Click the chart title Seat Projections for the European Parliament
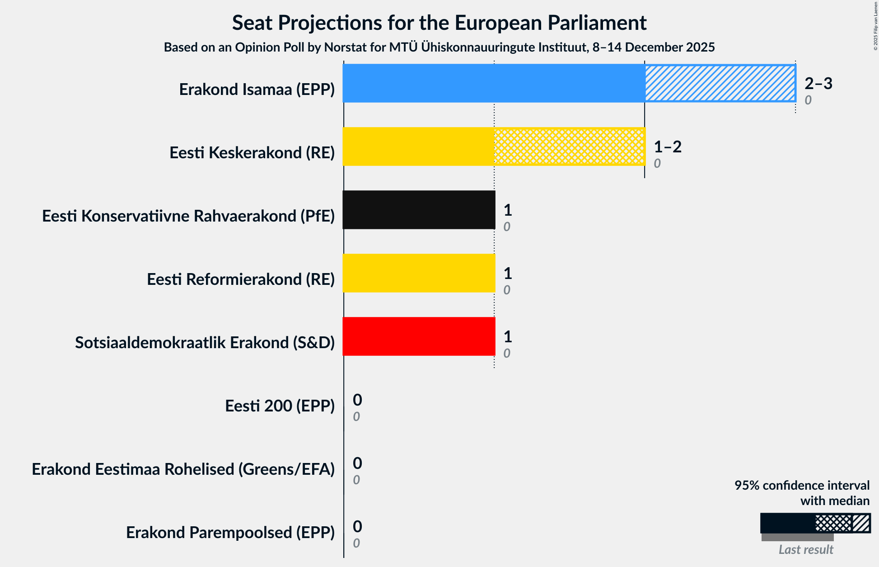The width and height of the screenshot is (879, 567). (x=439, y=23)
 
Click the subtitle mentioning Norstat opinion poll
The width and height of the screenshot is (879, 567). (x=439, y=47)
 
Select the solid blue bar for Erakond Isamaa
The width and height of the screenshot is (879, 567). (x=493, y=83)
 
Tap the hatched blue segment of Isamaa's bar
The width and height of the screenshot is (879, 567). (x=720, y=83)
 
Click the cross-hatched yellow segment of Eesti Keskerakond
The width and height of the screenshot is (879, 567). (x=569, y=146)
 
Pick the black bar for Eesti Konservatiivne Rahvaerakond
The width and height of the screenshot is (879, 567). (x=419, y=210)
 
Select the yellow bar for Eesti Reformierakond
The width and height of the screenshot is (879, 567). (x=419, y=273)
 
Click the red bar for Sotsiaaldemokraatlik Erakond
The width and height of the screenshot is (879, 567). (x=419, y=336)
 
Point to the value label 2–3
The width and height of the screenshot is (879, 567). (x=818, y=83)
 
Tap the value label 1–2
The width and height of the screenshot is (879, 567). (x=668, y=146)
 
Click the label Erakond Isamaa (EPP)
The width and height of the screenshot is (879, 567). (x=257, y=90)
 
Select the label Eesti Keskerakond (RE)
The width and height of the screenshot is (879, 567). (x=252, y=153)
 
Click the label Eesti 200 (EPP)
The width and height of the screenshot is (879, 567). (x=280, y=406)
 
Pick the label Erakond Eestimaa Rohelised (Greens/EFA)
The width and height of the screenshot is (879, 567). (x=183, y=469)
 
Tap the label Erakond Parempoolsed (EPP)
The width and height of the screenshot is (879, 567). (x=230, y=533)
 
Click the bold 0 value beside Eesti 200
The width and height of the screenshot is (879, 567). (x=357, y=400)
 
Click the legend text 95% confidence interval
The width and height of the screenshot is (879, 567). (x=801, y=485)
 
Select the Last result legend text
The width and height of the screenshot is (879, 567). (x=806, y=549)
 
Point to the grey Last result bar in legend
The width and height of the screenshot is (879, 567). (x=797, y=537)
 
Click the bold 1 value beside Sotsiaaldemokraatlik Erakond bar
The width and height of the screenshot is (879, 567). (x=508, y=336)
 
